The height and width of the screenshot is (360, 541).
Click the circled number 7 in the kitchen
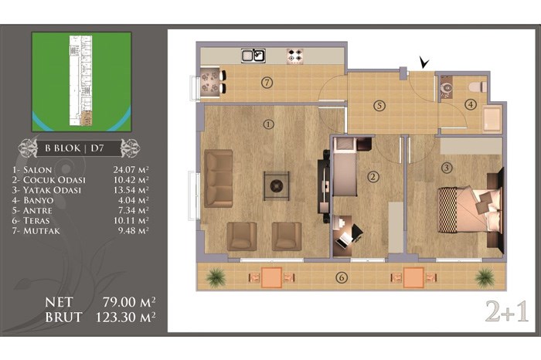coord(267,83)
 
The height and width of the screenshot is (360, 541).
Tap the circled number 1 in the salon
coord(268,124)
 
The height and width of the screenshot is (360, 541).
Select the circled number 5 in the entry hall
coord(379,106)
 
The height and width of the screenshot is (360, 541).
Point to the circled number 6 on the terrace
coord(342,277)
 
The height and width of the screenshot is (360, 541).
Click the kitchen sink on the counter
coord(253,56)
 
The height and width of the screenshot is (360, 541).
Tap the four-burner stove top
coord(295,56)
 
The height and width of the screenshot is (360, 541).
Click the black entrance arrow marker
coord(424,62)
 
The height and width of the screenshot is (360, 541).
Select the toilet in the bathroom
coord(478,87)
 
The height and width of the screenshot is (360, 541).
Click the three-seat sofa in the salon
coord(218,178)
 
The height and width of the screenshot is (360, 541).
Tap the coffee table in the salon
coord(277,186)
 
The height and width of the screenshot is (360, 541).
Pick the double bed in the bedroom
coord(469,209)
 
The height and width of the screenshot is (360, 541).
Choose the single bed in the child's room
coord(345,167)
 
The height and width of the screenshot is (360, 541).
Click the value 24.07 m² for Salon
coord(131,170)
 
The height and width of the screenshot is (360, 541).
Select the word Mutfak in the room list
coord(42,231)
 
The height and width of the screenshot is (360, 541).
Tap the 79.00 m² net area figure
coord(129,302)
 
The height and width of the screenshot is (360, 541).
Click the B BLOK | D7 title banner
coord(79,148)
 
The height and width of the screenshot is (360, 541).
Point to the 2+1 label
coord(507,311)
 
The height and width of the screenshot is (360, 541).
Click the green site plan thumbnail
coord(81,82)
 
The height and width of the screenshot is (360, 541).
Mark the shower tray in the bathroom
coord(492,119)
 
